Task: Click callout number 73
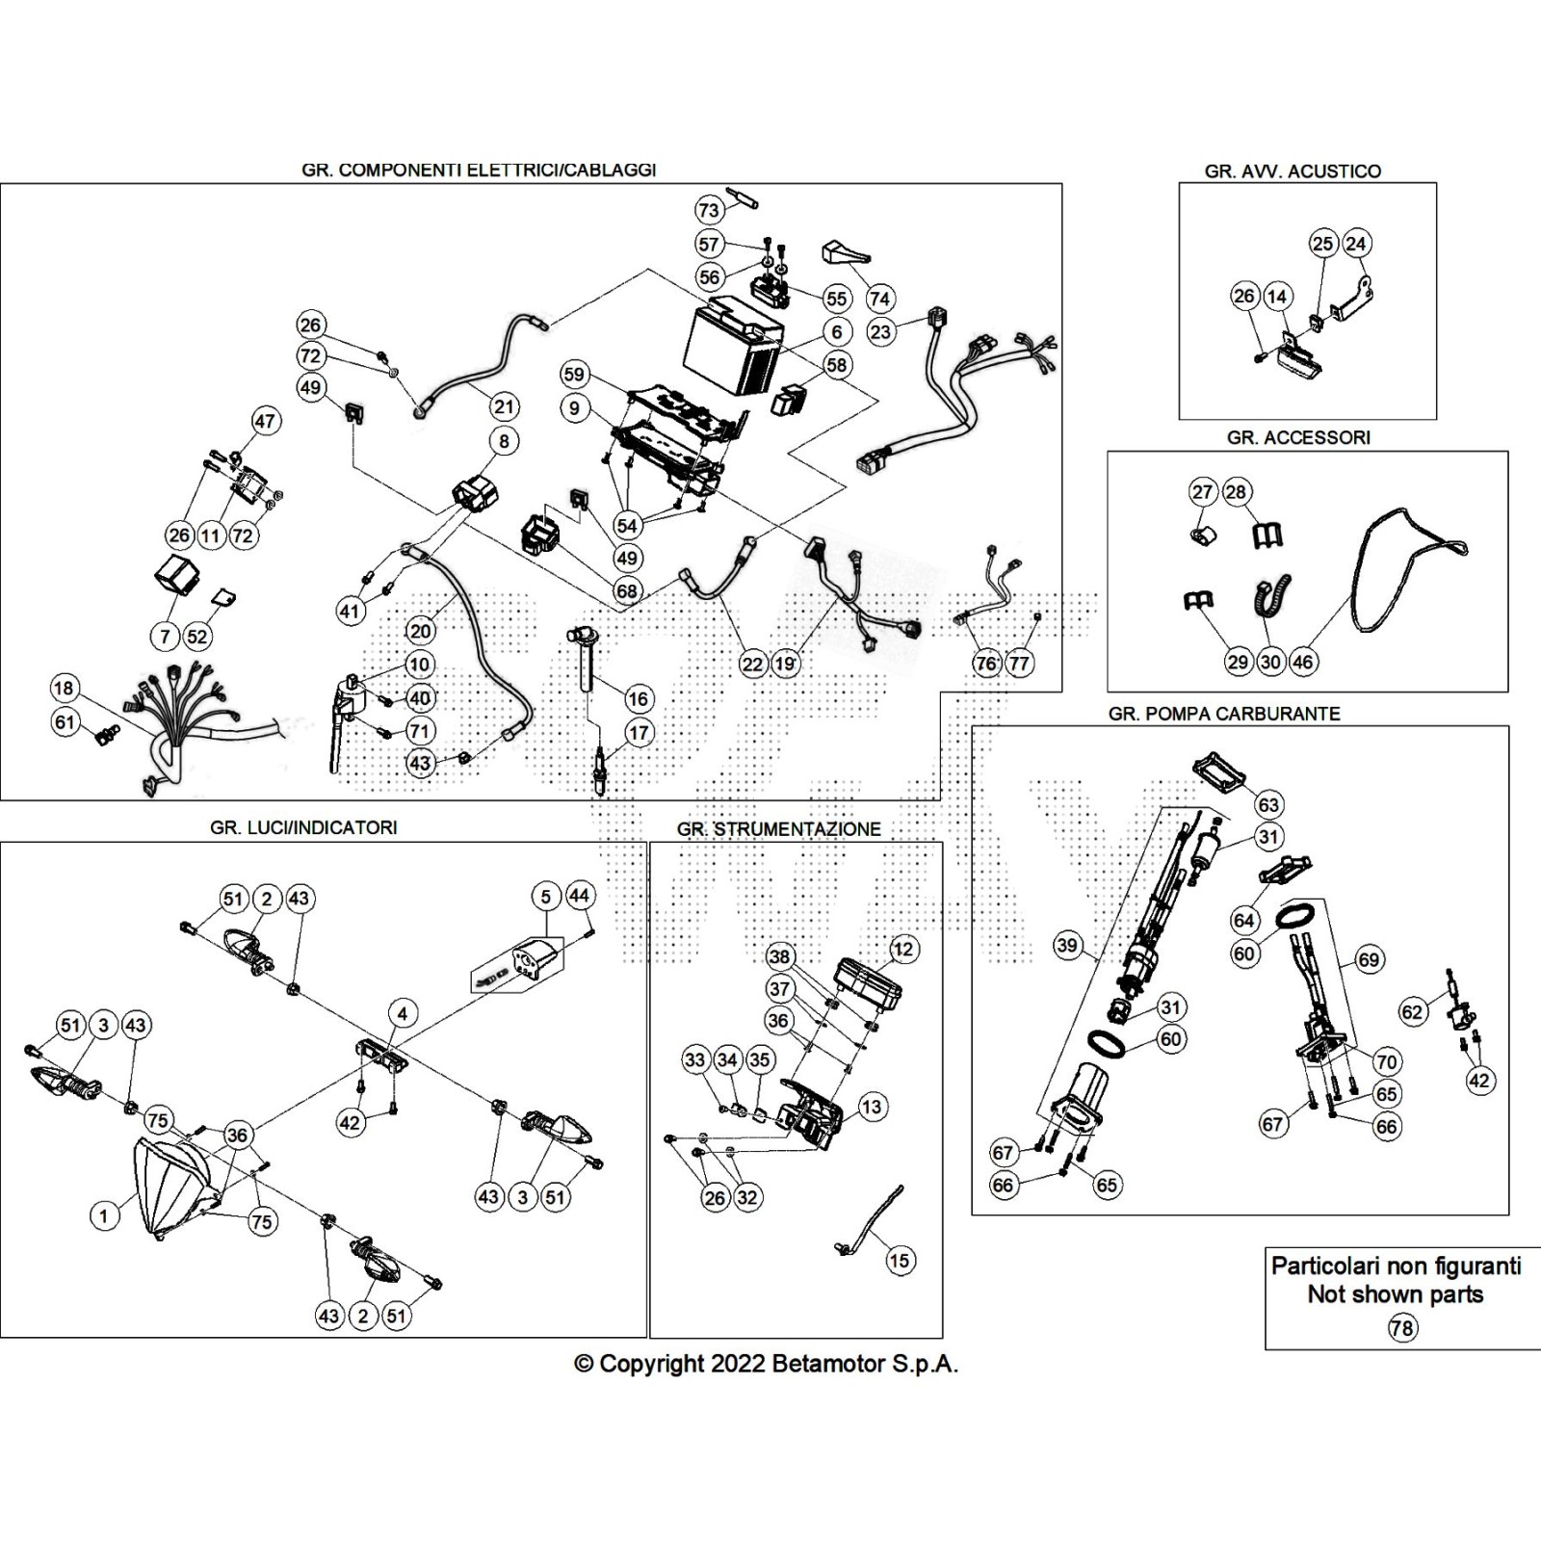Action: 708,210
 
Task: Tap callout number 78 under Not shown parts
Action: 1401,1328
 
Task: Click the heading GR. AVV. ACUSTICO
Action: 1293,171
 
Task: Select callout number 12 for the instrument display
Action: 902,949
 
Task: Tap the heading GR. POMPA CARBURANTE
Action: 1223,714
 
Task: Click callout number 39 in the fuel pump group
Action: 1066,946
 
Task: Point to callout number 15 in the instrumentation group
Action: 900,1260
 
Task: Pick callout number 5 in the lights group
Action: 545,897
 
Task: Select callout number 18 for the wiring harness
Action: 64,689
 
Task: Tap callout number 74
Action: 879,298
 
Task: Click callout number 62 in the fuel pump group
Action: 1412,1012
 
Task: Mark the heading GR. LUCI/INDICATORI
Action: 303,827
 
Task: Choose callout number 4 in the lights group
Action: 403,1013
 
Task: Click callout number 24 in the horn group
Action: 1355,244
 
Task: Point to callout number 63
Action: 1268,804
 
